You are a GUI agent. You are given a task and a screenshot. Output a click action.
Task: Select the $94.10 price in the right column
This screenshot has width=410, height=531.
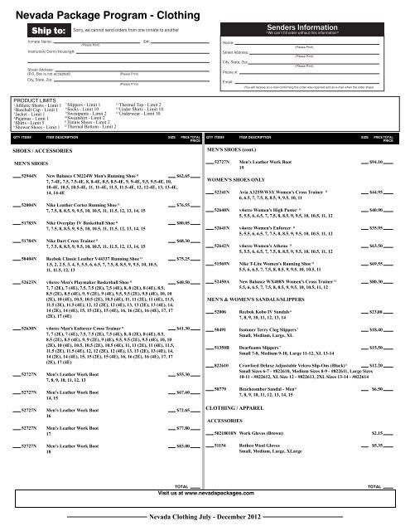(380, 159)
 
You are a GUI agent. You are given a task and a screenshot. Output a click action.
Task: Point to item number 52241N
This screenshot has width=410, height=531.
(227, 192)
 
